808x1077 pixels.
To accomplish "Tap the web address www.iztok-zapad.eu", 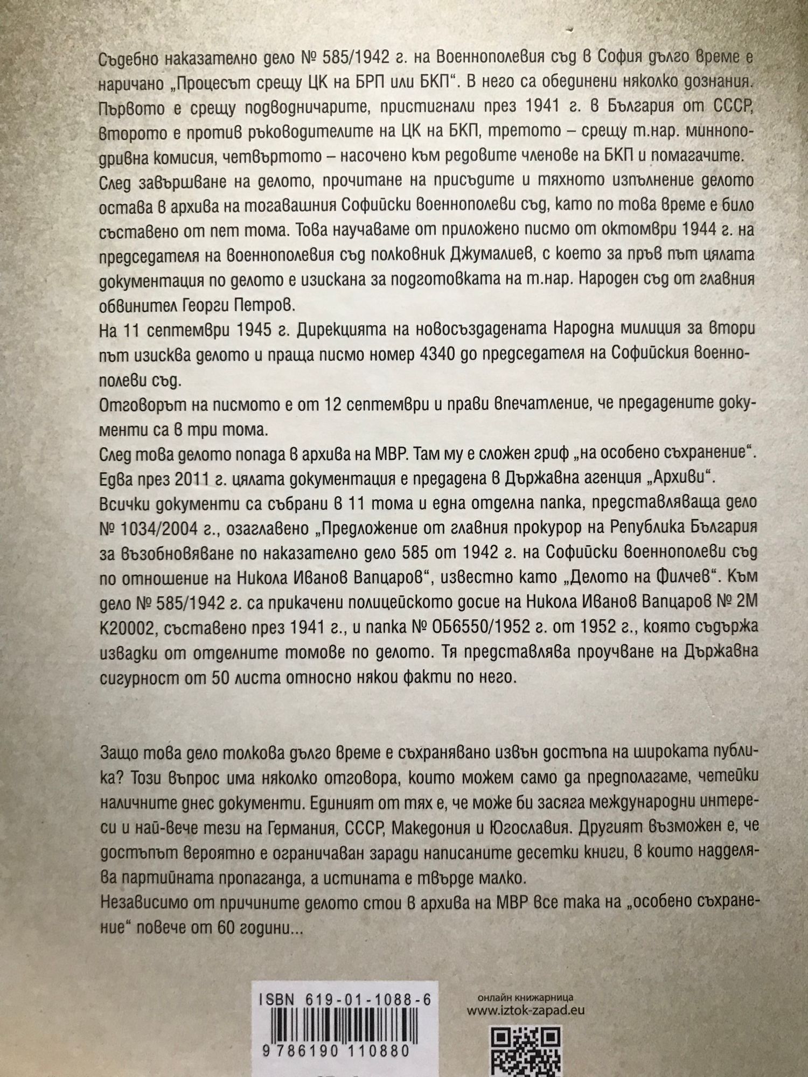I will [525, 1010].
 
